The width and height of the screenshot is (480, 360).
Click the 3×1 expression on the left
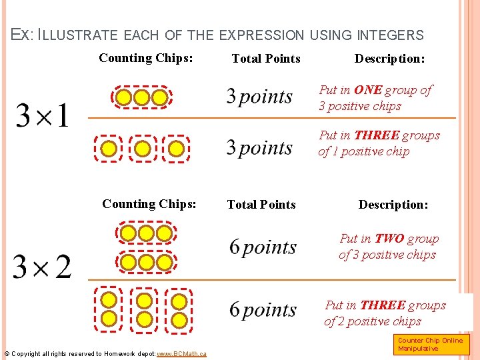click(x=42, y=116)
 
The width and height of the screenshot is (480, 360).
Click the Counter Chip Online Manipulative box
click(x=431, y=345)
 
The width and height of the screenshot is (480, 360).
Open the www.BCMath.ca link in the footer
click(x=181, y=353)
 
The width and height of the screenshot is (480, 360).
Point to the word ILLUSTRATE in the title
click(x=76, y=35)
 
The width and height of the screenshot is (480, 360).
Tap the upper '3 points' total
click(x=259, y=97)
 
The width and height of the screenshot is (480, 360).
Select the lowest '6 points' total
click(x=263, y=310)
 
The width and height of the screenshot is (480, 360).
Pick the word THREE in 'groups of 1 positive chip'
click(x=377, y=135)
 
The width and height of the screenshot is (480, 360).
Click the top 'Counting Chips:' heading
click(x=146, y=58)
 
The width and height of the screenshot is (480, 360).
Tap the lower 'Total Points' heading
click(x=261, y=205)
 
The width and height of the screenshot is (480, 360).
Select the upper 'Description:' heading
click(x=389, y=59)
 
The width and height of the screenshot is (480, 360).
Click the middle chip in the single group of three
click(x=141, y=98)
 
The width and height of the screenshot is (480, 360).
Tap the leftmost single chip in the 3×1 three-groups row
click(x=108, y=148)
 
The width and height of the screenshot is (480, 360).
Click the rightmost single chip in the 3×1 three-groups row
click(x=176, y=148)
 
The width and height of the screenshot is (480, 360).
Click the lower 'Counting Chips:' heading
click(x=149, y=204)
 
